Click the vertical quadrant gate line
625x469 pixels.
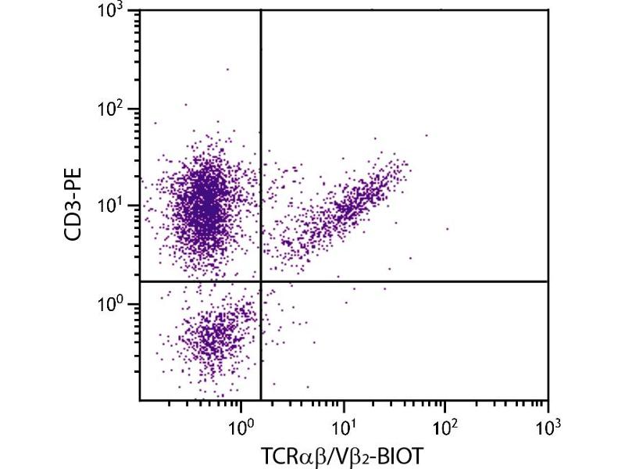260,156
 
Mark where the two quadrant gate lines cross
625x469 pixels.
260,281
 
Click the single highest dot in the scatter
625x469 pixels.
227,70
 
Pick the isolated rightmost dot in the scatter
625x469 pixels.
448,229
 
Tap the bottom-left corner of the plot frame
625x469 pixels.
140,400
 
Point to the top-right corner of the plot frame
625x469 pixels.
548,10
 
